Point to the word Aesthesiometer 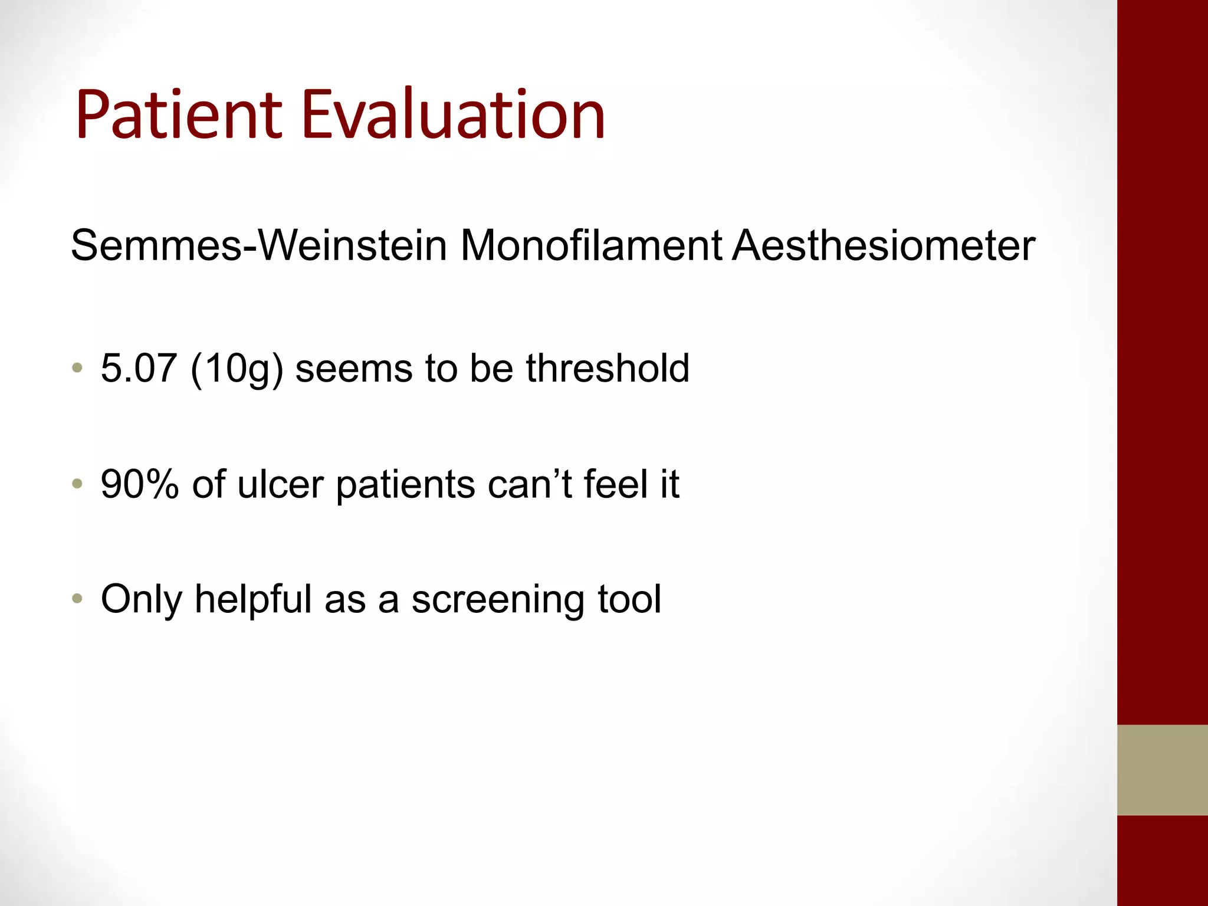click(x=883, y=245)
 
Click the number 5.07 click(x=139, y=368)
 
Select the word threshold click(x=608, y=368)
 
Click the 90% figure click(x=140, y=484)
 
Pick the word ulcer click(x=280, y=484)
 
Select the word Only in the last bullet click(x=142, y=600)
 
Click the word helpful click(x=253, y=600)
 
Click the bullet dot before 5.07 click(x=77, y=368)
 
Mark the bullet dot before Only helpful click(x=77, y=599)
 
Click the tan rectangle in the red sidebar click(x=1162, y=770)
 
